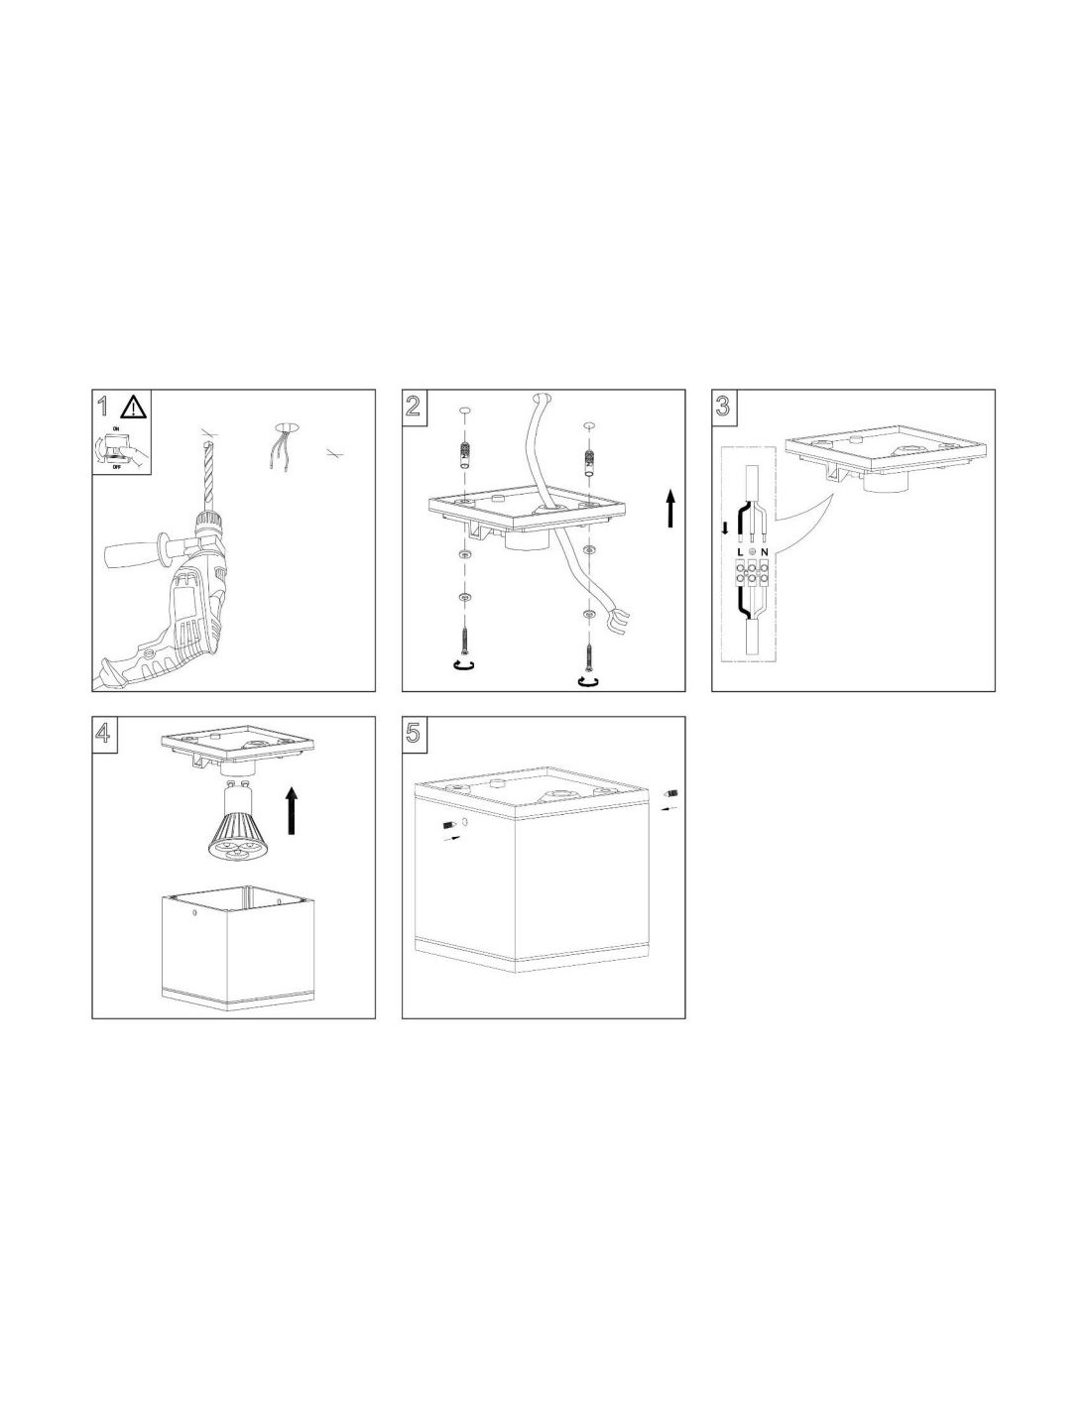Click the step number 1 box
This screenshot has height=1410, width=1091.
coord(103,407)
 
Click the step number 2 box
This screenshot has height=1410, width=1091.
coord(414,407)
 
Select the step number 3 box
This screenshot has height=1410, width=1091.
coord(723,407)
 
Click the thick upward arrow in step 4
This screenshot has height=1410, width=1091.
coord(292,809)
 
